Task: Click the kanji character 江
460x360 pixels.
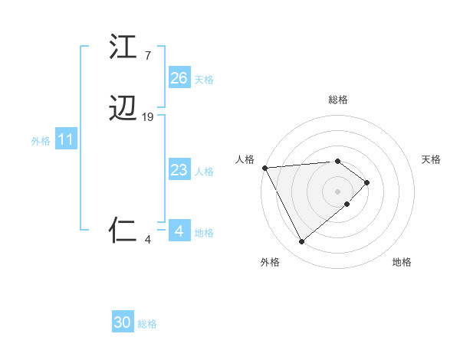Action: [x=123, y=47]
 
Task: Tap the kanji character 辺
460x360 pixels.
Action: [x=123, y=110]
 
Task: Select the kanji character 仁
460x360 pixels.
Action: [x=123, y=231]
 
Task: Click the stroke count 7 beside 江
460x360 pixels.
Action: [x=147, y=56]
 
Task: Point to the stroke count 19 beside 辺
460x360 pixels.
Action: [x=148, y=117]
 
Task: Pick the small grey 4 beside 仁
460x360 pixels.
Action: [x=148, y=240]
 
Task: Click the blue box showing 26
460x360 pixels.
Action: [x=179, y=78]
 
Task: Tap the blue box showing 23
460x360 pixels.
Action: [x=179, y=170]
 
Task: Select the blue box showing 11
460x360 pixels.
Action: [x=66, y=140]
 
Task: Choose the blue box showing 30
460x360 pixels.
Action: [x=123, y=323]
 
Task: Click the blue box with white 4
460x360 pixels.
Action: [x=179, y=231]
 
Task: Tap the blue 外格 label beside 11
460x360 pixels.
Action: [x=41, y=141]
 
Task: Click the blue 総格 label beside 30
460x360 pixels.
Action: [x=147, y=324]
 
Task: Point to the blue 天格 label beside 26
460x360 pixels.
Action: [x=204, y=79]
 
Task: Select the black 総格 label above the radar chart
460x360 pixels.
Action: [x=338, y=100]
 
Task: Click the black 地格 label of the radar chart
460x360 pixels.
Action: [x=402, y=263]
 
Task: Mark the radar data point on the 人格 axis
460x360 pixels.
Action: [x=264, y=168]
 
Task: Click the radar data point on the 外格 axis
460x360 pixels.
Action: [x=301, y=242]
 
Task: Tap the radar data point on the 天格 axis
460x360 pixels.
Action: [x=367, y=182]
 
